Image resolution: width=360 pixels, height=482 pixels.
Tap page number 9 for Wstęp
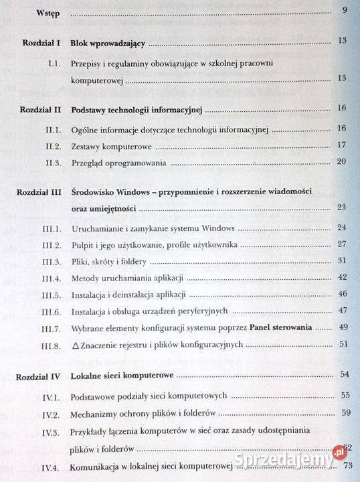coord(344,10)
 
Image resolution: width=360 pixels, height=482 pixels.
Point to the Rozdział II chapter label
coord(40,108)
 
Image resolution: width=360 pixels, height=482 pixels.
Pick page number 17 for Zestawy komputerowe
coord(341,145)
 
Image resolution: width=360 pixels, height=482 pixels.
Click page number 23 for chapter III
coord(342,207)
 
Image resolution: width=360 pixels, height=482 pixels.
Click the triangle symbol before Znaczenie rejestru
coord(75,346)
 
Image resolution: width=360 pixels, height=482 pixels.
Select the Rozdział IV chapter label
coord(41,376)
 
